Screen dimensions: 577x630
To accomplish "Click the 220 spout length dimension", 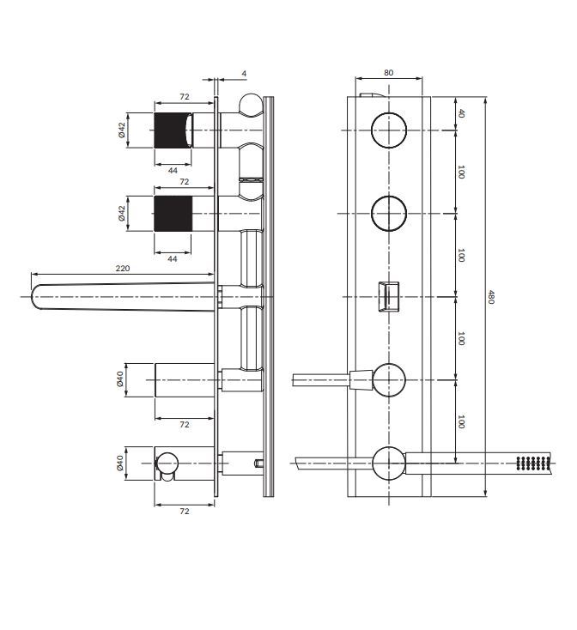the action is tap(123, 268).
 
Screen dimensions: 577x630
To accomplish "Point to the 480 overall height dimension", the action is tap(491, 296).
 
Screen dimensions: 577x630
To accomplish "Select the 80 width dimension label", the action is tap(389, 73).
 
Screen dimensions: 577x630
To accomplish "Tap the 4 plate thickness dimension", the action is tap(244, 74).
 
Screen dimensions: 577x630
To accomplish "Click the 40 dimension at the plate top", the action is tap(461, 113).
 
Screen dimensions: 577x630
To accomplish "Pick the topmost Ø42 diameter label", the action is tap(122, 130).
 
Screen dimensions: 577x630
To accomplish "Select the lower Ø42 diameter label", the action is tap(122, 213).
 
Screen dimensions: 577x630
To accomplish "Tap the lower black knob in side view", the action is tap(173, 214).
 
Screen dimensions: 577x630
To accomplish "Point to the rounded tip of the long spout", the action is tap(33, 297).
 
